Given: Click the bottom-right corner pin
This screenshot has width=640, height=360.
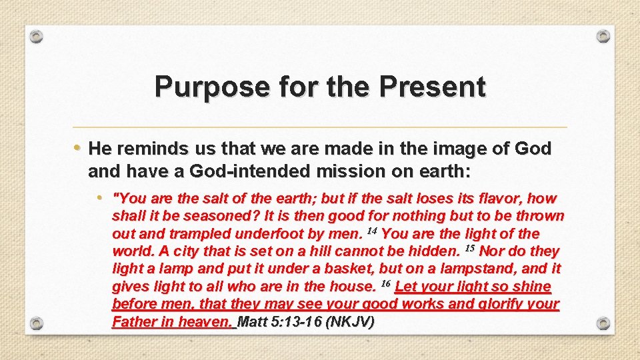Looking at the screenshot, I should tap(603, 323).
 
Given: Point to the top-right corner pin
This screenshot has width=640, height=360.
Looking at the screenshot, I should tap(603, 36).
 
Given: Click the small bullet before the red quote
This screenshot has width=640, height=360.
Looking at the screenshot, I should tap(99, 198).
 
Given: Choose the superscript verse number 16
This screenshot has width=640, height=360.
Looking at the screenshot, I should tap(385, 283).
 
